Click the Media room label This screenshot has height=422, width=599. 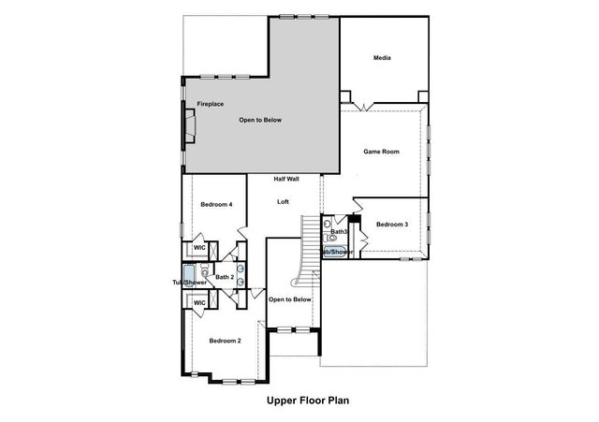[381, 59]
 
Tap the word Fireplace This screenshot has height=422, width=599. [210, 104]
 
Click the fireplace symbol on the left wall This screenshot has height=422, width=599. [190, 124]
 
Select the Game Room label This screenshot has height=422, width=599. [382, 151]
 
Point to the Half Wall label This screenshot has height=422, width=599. [286, 179]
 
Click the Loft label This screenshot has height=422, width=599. [283, 201]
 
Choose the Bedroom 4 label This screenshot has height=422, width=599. [217, 204]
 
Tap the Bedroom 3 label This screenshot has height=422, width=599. [392, 225]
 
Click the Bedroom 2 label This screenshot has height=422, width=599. [225, 340]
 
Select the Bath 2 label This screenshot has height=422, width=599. [224, 277]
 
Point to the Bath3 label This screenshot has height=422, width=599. [339, 231]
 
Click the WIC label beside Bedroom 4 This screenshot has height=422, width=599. [199, 248]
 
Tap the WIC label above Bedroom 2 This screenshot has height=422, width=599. [199, 303]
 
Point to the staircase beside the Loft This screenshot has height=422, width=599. [309, 243]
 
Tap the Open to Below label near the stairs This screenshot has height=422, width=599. [289, 299]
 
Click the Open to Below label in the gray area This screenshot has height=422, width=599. [260, 120]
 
